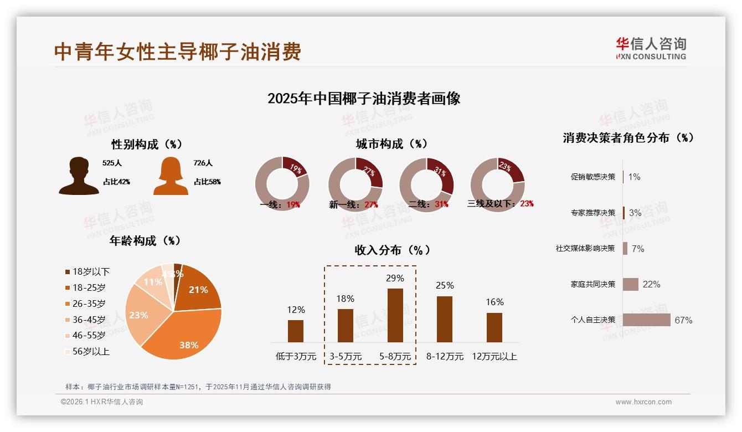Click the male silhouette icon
click(x=79, y=176)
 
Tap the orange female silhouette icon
click(x=171, y=176)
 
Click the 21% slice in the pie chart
click(x=197, y=288)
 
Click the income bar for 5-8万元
click(x=395, y=315)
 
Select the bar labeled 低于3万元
click(x=296, y=331)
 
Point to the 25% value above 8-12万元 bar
click(x=444, y=285)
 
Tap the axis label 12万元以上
click(x=494, y=357)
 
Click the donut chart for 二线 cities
click(x=426, y=184)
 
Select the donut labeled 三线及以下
click(x=497, y=184)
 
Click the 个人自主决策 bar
click(x=646, y=320)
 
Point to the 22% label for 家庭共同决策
click(x=651, y=284)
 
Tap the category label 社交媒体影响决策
click(x=585, y=249)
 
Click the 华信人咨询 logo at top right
click(x=651, y=48)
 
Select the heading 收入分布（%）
click(x=393, y=250)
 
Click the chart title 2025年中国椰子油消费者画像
click(x=364, y=99)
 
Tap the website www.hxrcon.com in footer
click(x=643, y=402)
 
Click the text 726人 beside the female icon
click(x=203, y=163)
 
